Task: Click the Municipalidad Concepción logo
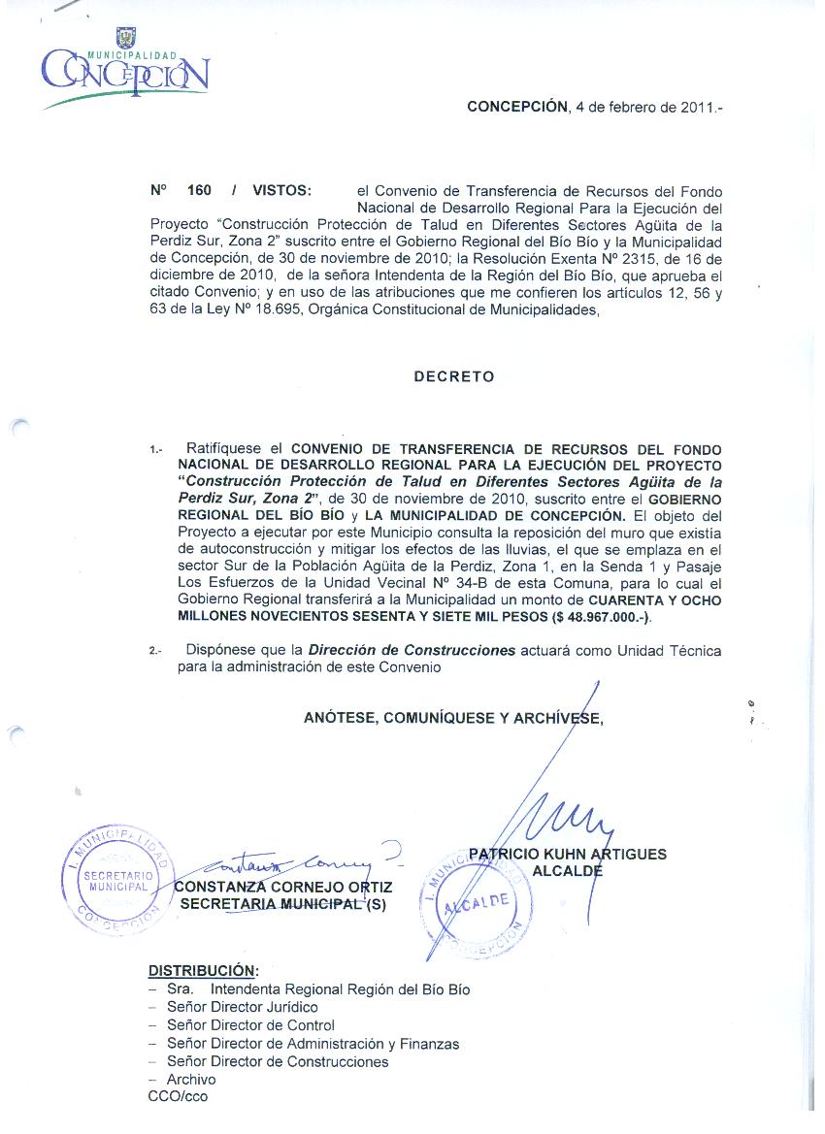tap(124, 67)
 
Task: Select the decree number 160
tap(199, 191)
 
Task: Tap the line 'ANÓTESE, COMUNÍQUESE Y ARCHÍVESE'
tap(453, 718)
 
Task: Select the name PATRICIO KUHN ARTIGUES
tap(568, 854)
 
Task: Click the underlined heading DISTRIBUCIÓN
tap(203, 970)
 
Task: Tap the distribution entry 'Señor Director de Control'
tap(250, 1025)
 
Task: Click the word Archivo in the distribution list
tap(191, 1079)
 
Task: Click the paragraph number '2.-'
tap(156, 650)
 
